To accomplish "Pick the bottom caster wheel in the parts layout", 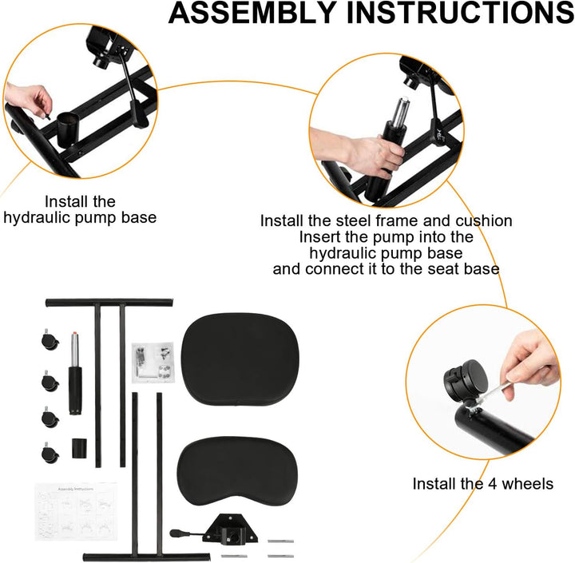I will point(46,453).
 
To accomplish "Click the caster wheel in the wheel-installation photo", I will point(463,379).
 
